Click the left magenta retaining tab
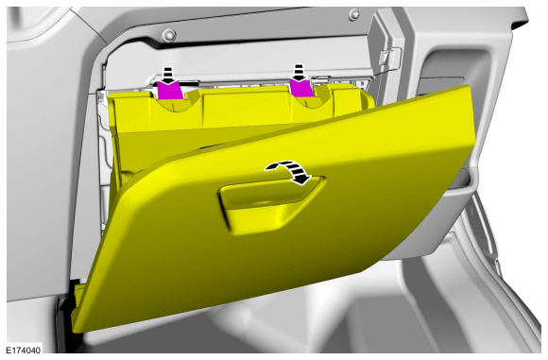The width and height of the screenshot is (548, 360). pyautogui.click(x=169, y=91)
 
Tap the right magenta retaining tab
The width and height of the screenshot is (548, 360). pyautogui.click(x=300, y=88)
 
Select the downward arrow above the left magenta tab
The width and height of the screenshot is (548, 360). pyautogui.click(x=168, y=76)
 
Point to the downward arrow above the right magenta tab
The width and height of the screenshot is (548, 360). pyautogui.click(x=299, y=73)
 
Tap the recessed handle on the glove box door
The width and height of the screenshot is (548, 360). pyautogui.click(x=271, y=203)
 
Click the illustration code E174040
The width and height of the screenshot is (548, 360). pyautogui.click(x=24, y=350)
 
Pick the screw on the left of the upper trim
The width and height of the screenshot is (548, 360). pyautogui.click(x=170, y=35)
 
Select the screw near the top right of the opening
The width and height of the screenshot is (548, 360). pyautogui.click(x=354, y=14)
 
